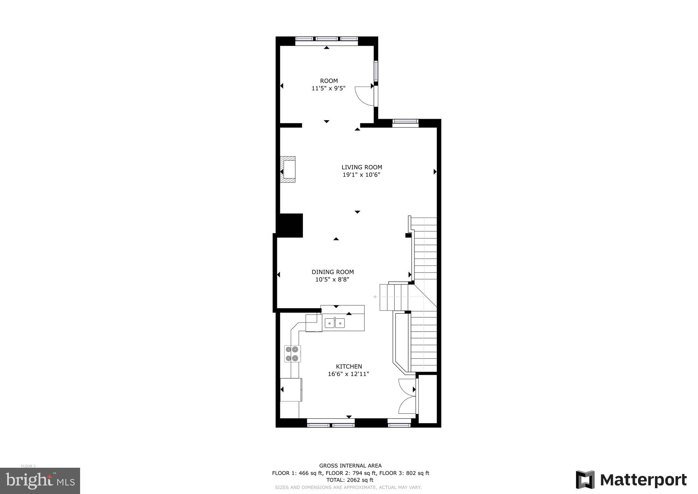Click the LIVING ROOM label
click(362, 167)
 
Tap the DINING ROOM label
click(333, 272)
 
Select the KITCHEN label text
click(349, 366)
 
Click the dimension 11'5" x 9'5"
click(328, 88)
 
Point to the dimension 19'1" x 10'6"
click(361, 175)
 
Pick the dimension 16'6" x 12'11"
click(348, 374)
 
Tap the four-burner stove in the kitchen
click(292, 354)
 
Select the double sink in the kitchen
click(334, 323)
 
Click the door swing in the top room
click(364, 96)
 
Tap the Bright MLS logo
click(40, 481)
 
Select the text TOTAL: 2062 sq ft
click(350, 480)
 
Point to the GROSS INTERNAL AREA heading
click(350, 466)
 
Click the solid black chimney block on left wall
click(290, 226)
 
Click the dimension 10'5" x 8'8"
click(332, 280)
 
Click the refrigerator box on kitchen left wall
click(291, 390)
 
